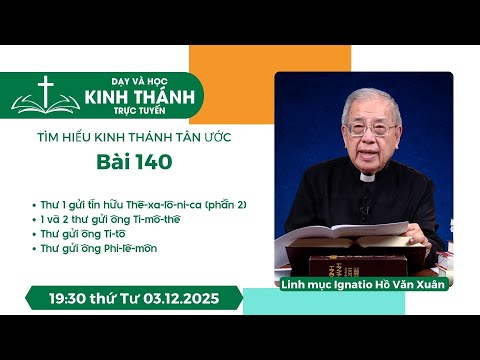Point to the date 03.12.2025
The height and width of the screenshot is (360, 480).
click(x=195, y=299)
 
